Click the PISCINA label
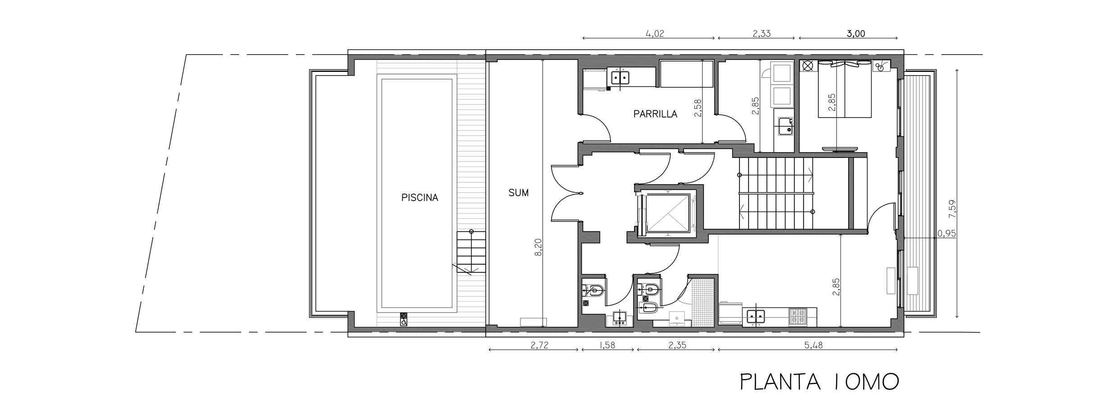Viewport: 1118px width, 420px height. click(x=420, y=198)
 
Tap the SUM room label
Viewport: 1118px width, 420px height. click(x=518, y=193)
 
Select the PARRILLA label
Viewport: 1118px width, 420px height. click(x=655, y=114)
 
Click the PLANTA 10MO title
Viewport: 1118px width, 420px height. click(x=819, y=382)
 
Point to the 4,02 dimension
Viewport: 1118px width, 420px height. click(x=655, y=33)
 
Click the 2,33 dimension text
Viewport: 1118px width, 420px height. click(x=761, y=33)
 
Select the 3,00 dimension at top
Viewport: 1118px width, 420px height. click(x=856, y=33)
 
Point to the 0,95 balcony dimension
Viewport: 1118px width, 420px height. click(x=946, y=234)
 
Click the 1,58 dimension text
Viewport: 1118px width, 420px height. click(x=607, y=346)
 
